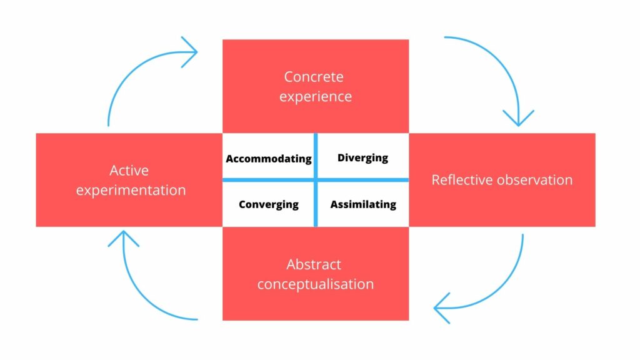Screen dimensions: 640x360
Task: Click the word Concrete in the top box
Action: tap(314, 77)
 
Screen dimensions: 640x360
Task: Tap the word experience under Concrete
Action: tap(316, 97)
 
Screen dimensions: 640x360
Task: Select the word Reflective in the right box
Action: tap(463, 179)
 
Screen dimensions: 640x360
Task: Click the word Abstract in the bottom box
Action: tap(314, 264)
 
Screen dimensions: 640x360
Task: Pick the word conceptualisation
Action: tap(316, 284)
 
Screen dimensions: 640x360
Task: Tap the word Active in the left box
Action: tap(129, 170)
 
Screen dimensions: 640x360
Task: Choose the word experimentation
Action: tap(131, 190)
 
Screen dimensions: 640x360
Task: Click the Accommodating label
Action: tap(269, 159)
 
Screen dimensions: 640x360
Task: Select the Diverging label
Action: tap(363, 158)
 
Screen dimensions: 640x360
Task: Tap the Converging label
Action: tap(269, 204)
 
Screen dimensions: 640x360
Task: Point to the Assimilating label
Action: tap(363, 204)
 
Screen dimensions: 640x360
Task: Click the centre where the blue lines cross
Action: tap(316, 179)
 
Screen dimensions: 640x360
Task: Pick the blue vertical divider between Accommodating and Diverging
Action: tap(316, 156)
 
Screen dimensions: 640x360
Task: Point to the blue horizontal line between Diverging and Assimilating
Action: tap(363, 179)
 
